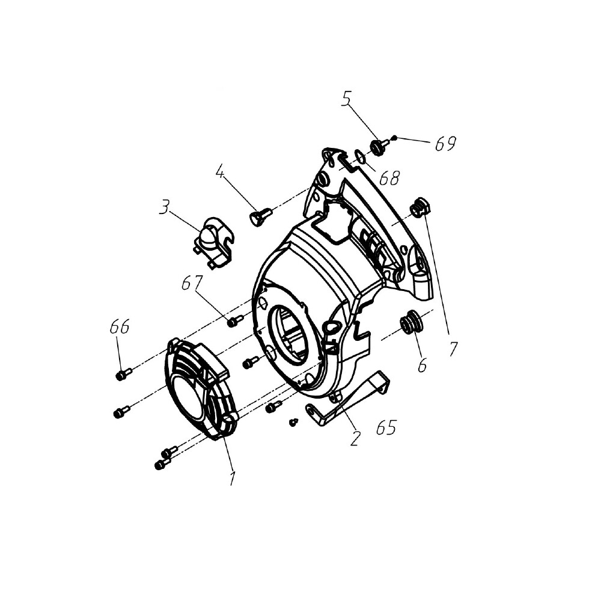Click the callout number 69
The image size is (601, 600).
445,143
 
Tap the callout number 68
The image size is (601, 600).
389,178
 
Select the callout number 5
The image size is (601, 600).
346,99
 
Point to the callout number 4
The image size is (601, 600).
219,172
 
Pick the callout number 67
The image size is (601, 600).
192,284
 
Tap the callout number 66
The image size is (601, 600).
120,327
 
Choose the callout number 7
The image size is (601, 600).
453,349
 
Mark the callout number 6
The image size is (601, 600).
422,366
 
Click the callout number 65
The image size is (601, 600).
386,427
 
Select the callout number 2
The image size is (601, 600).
355,438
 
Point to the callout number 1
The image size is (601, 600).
232,478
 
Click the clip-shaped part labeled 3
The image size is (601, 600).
212,243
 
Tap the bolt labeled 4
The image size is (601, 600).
261,216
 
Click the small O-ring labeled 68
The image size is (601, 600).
360,157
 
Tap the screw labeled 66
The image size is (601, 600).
123,374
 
